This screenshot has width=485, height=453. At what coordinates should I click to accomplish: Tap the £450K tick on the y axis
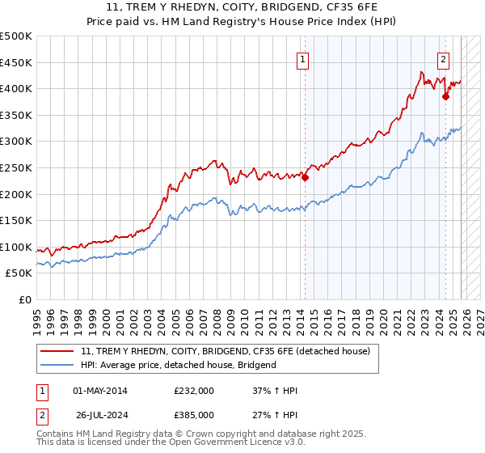pos(16,62)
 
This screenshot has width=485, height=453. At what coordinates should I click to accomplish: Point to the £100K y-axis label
pos(16,247)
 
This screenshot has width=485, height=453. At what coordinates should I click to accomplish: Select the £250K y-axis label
pos(16,167)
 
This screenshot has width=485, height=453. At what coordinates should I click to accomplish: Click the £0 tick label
pos(24,299)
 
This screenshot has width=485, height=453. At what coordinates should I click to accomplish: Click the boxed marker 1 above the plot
pos(302,58)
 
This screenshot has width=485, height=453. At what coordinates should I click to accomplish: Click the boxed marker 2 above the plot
pos(444,58)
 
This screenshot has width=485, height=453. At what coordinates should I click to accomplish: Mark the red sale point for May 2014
pos(305,178)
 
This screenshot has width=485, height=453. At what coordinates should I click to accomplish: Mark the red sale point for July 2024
pos(445,97)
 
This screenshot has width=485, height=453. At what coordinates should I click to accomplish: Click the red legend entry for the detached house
pos(226,351)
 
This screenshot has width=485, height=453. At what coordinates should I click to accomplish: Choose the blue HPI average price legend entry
pos(179,365)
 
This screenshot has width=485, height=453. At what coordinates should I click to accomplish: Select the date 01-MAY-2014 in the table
pos(100,391)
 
